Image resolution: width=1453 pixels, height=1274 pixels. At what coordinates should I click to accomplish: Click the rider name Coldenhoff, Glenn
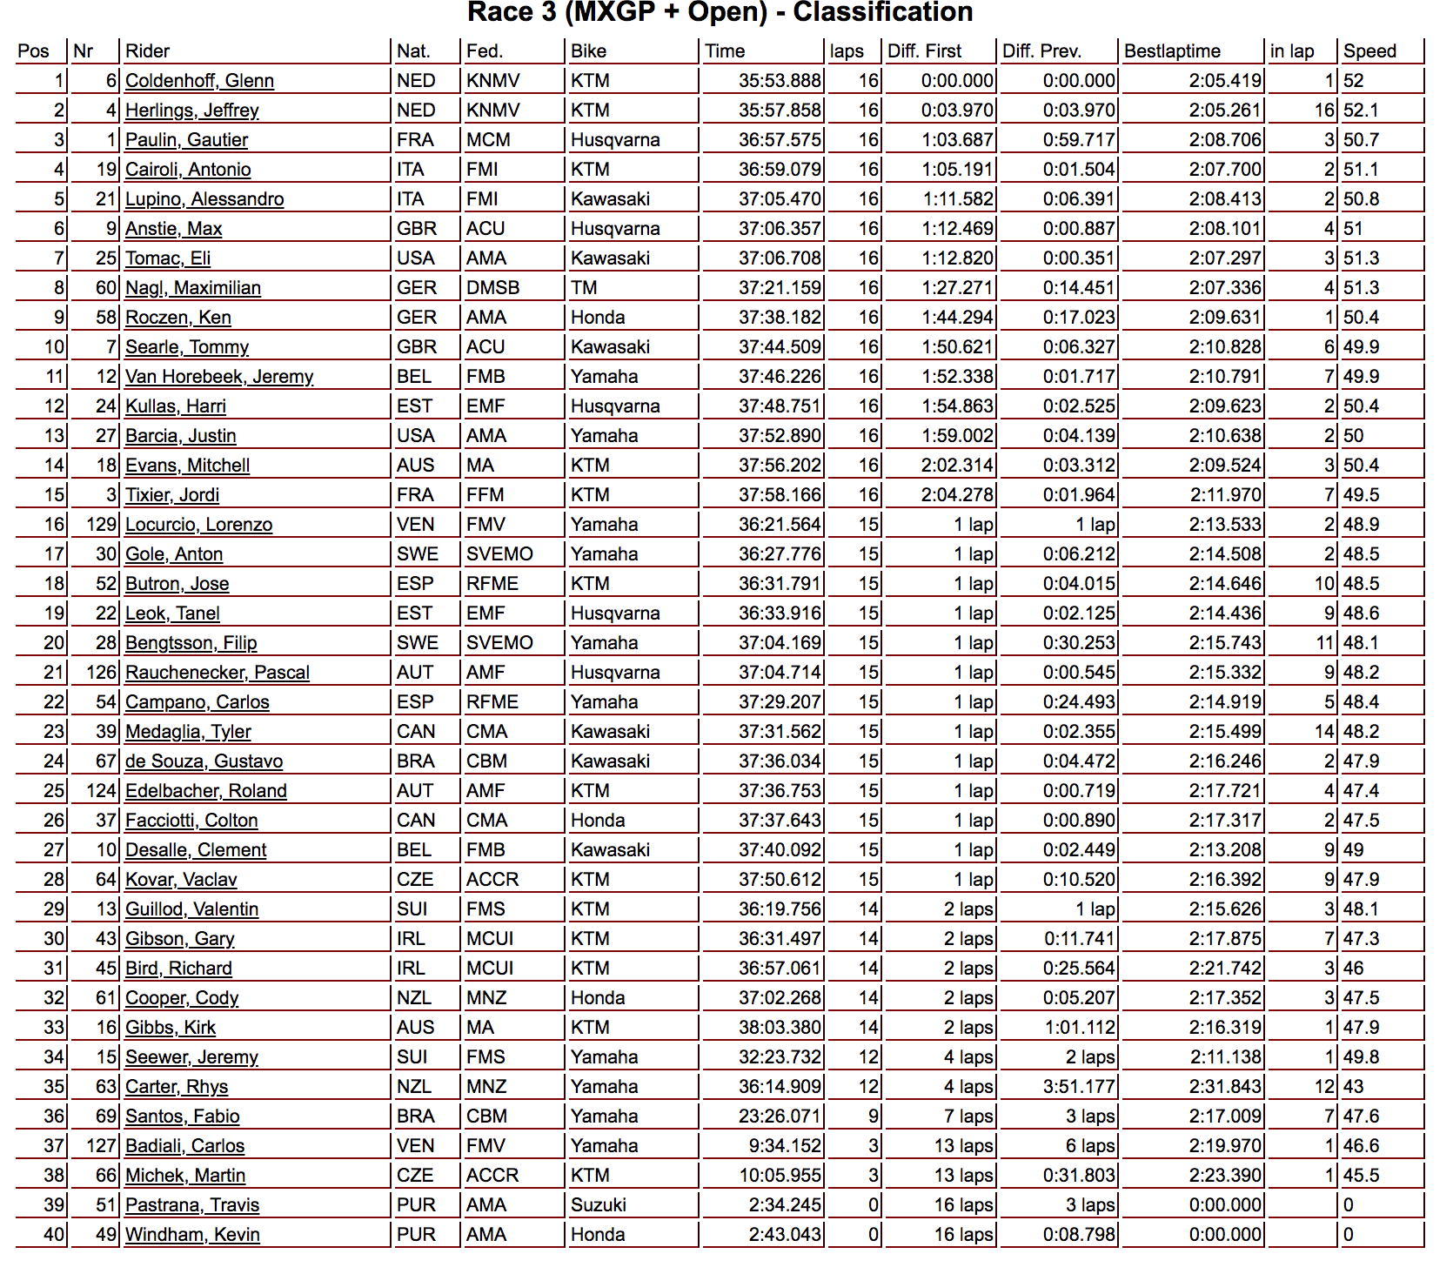pyautogui.click(x=199, y=81)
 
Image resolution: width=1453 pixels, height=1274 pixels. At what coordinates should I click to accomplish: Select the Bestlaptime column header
pyautogui.click(x=1172, y=51)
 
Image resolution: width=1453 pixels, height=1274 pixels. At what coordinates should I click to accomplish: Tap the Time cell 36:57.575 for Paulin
pyautogui.click(x=780, y=140)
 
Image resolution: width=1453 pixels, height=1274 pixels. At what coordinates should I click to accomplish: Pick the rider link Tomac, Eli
pyautogui.click(x=168, y=258)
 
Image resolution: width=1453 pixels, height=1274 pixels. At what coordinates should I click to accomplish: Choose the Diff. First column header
pyautogui.click(x=924, y=51)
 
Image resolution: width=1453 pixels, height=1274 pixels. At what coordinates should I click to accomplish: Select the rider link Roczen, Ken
pyautogui.click(x=177, y=318)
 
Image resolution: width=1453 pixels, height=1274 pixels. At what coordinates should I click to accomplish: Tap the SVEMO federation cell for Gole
pyautogui.click(x=499, y=554)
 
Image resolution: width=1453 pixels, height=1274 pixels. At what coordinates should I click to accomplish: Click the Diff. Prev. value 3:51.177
pyautogui.click(x=1079, y=1087)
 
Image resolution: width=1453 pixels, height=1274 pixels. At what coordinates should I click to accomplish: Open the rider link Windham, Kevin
pyautogui.click(x=192, y=1235)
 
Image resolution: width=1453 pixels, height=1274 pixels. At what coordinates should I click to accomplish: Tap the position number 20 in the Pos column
pyautogui.click(x=54, y=643)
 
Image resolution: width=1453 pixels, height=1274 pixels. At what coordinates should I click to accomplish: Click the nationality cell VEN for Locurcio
pyautogui.click(x=416, y=525)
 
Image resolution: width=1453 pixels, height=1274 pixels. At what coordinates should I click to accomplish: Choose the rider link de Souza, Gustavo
pyautogui.click(x=204, y=761)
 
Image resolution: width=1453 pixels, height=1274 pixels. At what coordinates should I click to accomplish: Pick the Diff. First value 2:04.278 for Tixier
pyautogui.click(x=957, y=495)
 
